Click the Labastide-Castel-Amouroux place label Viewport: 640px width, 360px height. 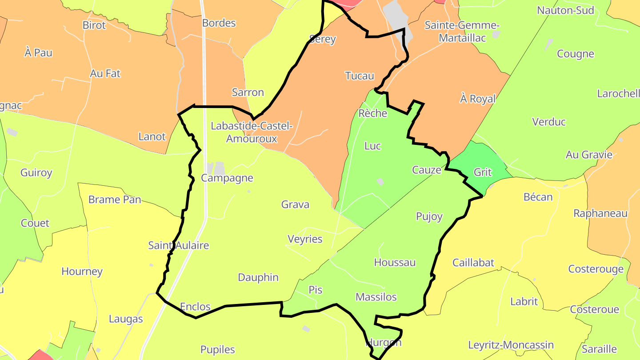tap(252, 132)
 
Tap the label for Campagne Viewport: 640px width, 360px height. tap(227, 178)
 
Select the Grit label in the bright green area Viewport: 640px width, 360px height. tap(483, 172)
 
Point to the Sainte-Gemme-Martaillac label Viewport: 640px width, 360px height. tap(462, 32)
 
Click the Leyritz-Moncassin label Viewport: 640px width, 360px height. tap(511, 345)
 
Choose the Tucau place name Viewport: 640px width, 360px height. tap(360, 76)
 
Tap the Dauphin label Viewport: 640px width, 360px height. tap(258, 277)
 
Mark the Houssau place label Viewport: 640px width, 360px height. tap(395, 263)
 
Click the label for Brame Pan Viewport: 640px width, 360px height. tap(115, 200)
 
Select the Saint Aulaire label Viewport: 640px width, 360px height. tap(178, 245)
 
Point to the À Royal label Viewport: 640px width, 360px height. tap(478, 99)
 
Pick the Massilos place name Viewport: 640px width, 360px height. tap(376, 297)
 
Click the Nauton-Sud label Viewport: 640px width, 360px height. tap(565, 10)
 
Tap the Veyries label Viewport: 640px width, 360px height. tap(305, 239)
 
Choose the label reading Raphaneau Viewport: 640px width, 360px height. tap(600, 213)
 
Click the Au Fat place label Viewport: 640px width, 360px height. tap(105, 73)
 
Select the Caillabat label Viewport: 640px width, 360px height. tap(473, 263)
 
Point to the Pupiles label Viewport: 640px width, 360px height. tap(218, 350)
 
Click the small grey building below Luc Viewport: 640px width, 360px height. tap(380, 181)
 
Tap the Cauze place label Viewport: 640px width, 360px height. tap(427, 170)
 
